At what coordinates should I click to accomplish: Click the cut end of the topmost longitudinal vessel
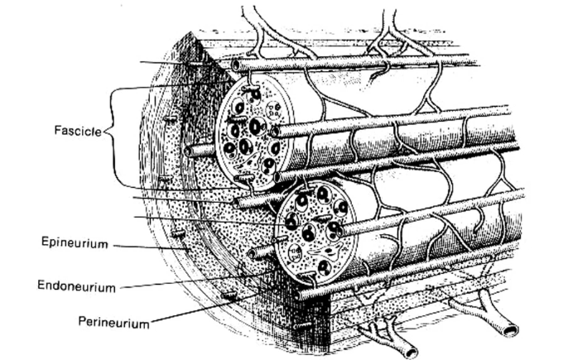click(237, 65)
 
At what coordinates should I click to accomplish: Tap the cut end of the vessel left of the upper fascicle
click(191, 151)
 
